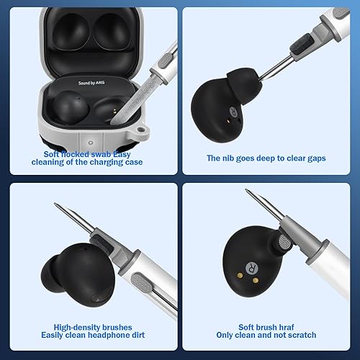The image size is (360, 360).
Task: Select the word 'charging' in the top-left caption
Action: pyautogui.click(x=104, y=162)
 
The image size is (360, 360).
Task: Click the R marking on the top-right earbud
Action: pyautogui.click(x=234, y=112)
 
